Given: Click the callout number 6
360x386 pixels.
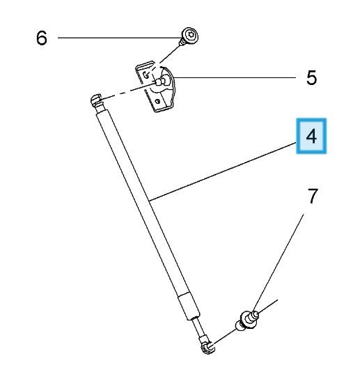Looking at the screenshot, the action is point(41,38).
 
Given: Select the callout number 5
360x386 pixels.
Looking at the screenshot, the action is point(311,78).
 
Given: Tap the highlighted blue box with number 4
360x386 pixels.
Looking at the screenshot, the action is point(311,136).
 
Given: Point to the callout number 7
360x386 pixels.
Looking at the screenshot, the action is point(313,196).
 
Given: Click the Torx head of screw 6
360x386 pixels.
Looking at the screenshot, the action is point(191,35).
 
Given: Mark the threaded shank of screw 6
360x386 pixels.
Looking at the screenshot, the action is point(182,43).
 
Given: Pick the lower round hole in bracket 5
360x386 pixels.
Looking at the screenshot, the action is point(157,101).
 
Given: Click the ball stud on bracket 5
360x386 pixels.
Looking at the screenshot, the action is point(161,82).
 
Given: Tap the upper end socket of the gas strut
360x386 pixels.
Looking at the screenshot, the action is point(97,101).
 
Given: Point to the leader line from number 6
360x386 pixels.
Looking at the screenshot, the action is point(119,38).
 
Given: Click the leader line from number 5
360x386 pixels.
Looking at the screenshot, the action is point(235,77).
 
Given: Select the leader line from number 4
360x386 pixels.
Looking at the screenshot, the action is point(223,171).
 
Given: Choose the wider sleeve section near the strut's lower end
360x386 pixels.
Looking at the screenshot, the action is point(189,306).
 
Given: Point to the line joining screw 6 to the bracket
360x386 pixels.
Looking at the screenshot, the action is point(170,54).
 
